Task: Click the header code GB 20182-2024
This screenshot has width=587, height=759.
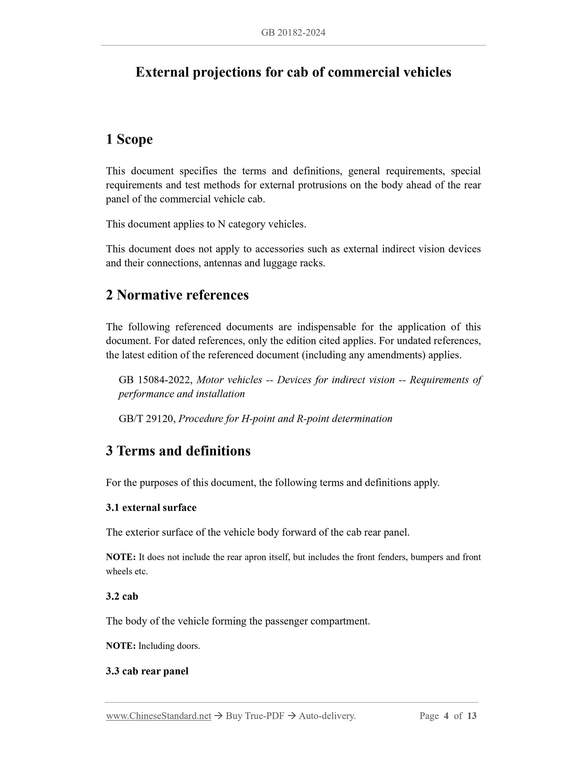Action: tap(293, 33)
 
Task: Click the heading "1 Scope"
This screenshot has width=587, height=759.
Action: tap(129, 139)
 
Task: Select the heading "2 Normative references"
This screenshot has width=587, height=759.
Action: tap(177, 295)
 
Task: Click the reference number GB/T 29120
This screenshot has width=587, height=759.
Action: tap(146, 419)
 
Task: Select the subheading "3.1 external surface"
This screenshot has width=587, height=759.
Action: tap(151, 508)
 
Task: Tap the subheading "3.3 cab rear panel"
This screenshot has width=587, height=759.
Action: tap(147, 671)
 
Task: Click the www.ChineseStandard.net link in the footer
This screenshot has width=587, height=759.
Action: tap(159, 716)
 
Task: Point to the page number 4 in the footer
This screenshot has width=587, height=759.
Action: tap(446, 716)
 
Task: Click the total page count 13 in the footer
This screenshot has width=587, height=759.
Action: tap(471, 716)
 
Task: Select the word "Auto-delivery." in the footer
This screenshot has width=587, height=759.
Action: tap(327, 716)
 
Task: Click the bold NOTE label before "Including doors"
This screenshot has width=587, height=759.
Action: tap(121, 646)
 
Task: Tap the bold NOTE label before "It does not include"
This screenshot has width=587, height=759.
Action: tap(121, 557)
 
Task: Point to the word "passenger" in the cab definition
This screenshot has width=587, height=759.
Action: tap(286, 621)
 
